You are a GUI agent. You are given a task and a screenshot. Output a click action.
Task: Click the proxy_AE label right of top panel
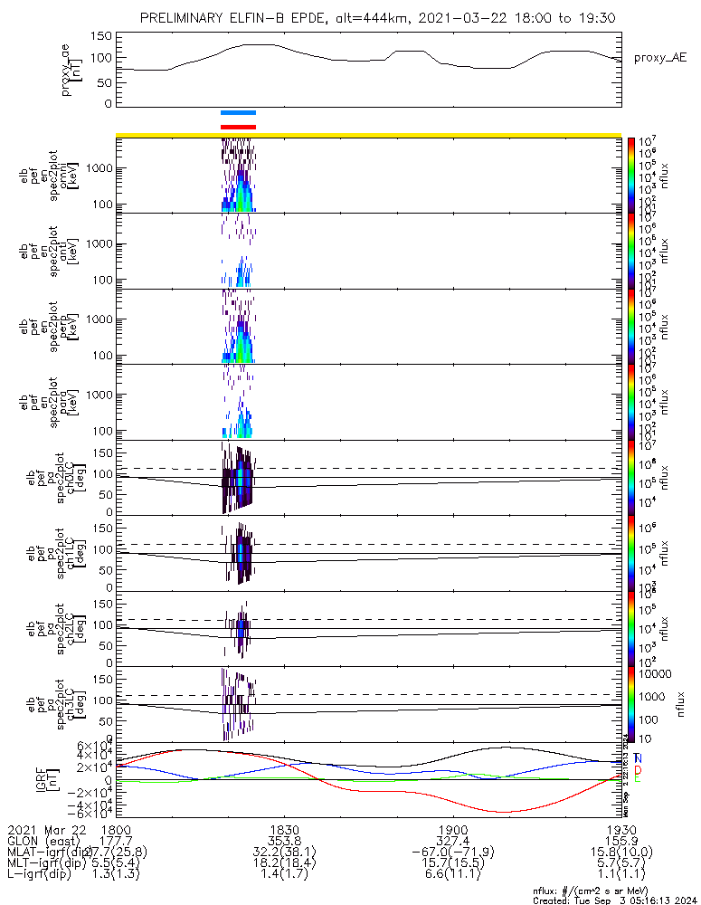tap(659, 57)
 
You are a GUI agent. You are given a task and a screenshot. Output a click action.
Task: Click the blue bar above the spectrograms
tap(239, 112)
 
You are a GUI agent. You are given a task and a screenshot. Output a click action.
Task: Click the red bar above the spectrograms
tap(239, 127)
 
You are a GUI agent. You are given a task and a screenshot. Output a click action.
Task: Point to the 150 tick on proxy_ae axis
tap(102, 35)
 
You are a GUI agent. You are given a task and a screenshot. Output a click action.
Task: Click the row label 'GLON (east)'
tap(45, 841)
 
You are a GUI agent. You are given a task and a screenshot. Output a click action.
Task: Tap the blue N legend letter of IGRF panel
tap(638, 757)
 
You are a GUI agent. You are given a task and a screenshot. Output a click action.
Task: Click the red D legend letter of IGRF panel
tap(638, 768)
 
